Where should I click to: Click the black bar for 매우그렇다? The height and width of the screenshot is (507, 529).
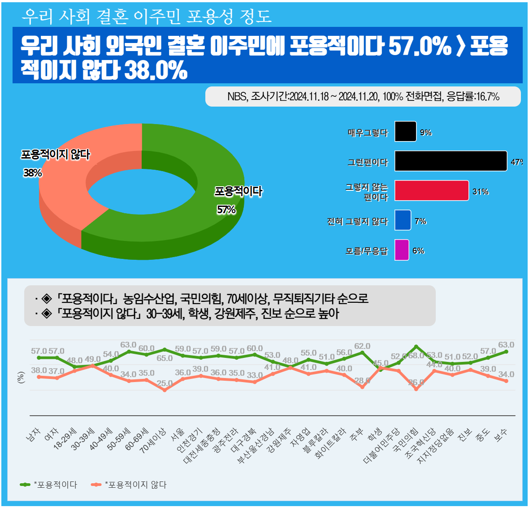(405, 132)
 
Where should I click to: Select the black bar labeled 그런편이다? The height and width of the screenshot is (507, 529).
(451, 161)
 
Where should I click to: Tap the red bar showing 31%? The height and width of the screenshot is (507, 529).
(431, 191)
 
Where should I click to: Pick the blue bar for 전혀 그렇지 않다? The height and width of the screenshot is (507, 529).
(403, 220)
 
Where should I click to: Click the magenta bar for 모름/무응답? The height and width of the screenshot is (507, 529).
(402, 250)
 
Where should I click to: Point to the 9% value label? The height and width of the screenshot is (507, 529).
(425, 133)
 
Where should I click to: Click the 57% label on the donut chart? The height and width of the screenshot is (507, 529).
(226, 210)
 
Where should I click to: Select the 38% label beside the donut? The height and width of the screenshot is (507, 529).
(33, 172)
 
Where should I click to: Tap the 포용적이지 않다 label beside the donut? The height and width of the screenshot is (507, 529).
(56, 155)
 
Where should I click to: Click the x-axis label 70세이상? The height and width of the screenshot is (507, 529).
(153, 440)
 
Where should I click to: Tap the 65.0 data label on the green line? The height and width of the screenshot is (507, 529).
(165, 358)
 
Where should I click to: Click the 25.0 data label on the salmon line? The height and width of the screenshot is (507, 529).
(165, 383)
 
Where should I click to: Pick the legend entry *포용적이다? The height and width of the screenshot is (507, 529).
(49, 485)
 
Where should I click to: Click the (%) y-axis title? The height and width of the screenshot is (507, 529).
(21, 378)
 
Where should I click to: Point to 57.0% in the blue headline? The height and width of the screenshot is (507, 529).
(420, 46)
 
